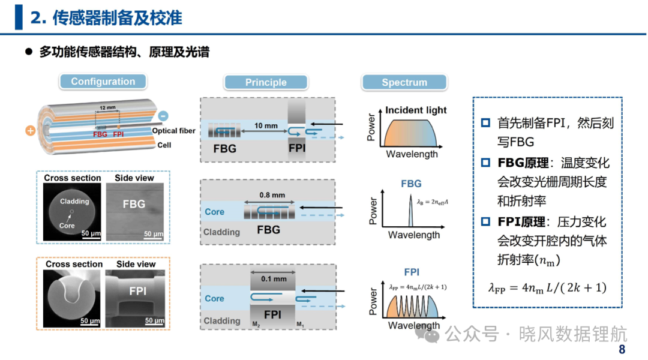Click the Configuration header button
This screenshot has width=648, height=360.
pos(103,82)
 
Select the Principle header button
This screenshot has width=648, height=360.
pos(266,82)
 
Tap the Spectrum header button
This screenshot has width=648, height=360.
pos(404,82)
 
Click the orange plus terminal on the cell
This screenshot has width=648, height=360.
pos(30,131)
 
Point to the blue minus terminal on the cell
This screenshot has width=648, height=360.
pos(163,116)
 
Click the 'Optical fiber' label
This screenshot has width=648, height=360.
pos(173,131)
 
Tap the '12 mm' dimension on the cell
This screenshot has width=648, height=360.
pos(107,107)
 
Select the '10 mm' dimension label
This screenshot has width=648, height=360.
pos(266,125)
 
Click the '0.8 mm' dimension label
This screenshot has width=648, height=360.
pos(272,194)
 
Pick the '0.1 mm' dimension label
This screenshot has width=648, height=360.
pos(274,279)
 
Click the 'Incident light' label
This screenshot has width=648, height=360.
pos(416,110)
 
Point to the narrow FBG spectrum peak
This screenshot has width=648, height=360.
pos(410,211)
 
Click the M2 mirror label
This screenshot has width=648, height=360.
pos(256,325)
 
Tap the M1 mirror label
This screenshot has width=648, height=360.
pos(301,325)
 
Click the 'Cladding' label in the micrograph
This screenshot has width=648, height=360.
pos(74,201)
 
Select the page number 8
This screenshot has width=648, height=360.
pos(622,349)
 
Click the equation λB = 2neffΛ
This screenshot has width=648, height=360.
pos(432,202)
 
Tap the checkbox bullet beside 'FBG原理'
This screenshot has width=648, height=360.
pos(485,163)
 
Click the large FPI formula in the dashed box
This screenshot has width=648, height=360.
pos(547,287)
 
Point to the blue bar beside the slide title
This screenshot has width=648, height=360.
pos(19,17)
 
